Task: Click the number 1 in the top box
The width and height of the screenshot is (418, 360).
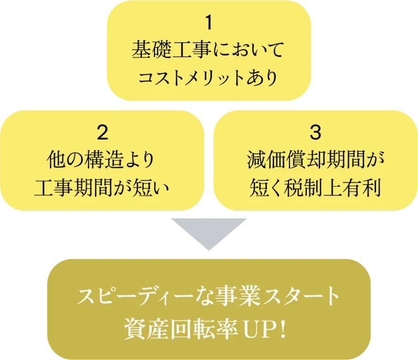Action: point(209,23)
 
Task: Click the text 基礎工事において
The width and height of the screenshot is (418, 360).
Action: point(209,50)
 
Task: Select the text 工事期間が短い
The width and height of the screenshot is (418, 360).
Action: point(102,188)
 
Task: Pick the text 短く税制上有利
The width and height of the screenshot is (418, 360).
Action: point(315,188)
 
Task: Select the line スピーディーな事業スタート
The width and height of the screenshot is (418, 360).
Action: point(209,297)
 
